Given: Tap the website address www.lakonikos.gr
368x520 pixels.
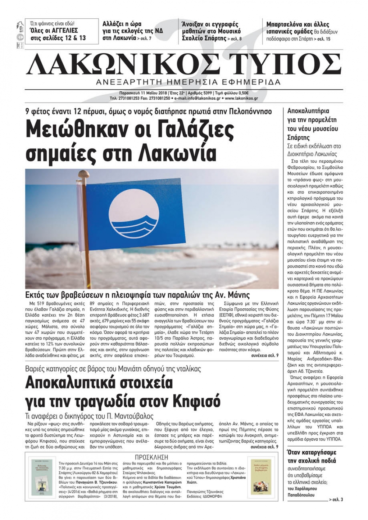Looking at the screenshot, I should pyautogui.click(x=241, y=98).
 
